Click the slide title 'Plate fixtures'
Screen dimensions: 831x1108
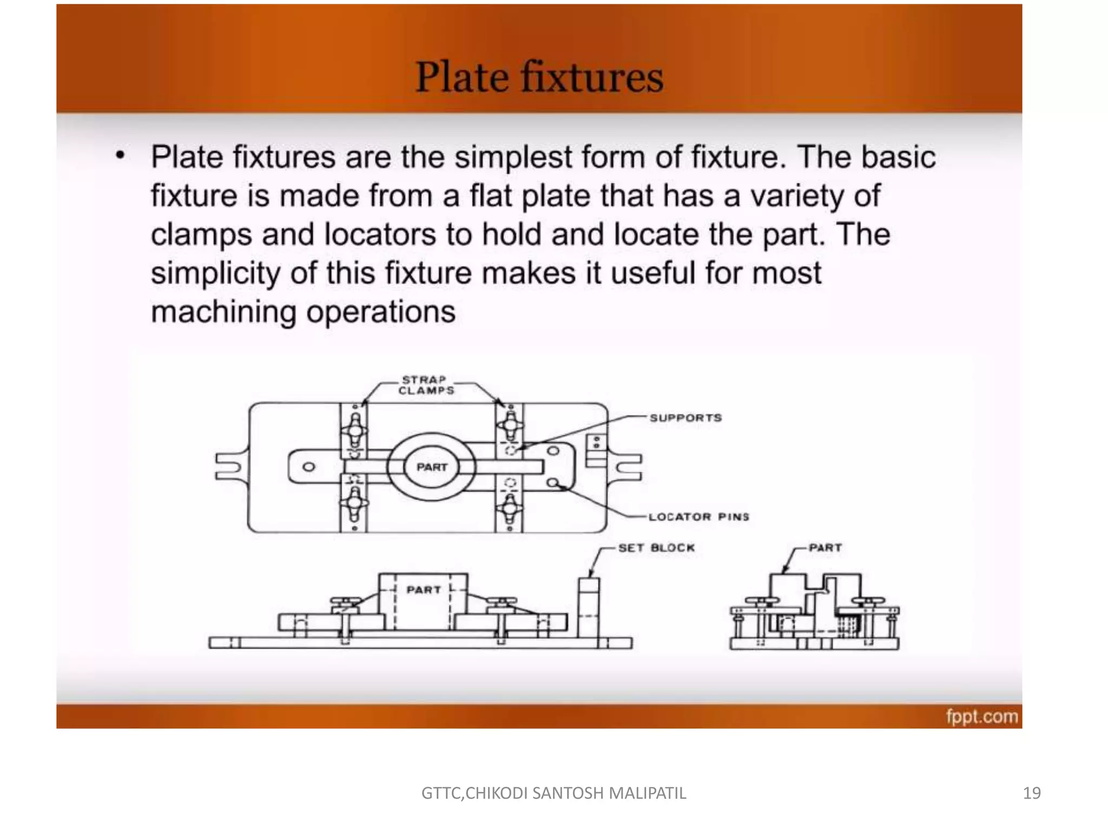coord(539,77)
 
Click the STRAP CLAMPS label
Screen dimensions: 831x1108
coord(426,385)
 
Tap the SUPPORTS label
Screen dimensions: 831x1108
coord(685,418)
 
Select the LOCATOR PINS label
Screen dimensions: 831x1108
coord(698,517)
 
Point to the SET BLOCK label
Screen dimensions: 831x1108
coord(656,548)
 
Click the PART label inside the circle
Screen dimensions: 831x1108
coord(432,467)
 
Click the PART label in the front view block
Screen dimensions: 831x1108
coord(424,590)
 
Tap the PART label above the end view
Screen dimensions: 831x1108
coord(825,548)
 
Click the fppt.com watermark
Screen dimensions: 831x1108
coord(981,716)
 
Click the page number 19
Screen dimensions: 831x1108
coord(1032,793)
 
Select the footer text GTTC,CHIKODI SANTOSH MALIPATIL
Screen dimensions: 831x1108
coord(553,793)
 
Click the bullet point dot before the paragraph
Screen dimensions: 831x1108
coord(120,156)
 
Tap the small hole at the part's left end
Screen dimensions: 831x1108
coord(308,467)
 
